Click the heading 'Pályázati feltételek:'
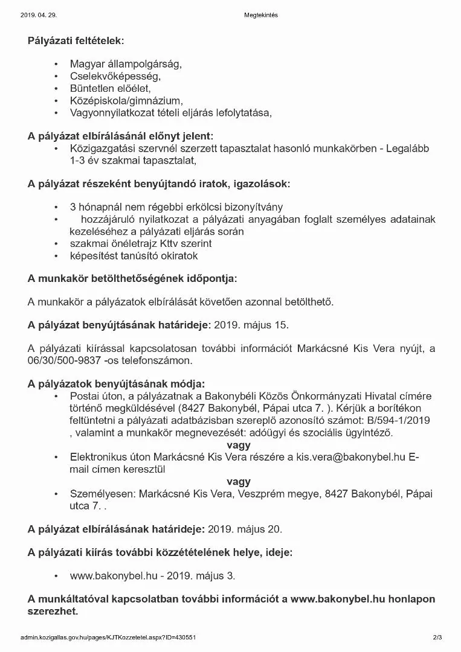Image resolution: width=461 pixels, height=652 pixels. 76,41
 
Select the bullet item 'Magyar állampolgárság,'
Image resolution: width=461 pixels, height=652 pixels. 126,63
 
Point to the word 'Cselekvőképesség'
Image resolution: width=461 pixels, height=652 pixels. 115,76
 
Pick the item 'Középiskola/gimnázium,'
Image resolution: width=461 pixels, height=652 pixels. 126,100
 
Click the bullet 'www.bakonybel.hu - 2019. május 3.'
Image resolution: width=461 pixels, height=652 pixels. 152,576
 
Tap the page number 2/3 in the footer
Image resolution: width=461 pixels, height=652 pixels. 437,638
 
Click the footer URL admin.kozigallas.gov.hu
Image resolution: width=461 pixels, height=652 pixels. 108,638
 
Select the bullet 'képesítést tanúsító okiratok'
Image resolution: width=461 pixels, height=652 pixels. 134,256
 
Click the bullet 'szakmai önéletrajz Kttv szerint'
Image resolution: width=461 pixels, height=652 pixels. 141,244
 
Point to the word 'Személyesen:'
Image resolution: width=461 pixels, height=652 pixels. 103,494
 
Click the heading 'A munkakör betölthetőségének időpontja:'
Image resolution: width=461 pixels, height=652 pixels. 132,278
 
